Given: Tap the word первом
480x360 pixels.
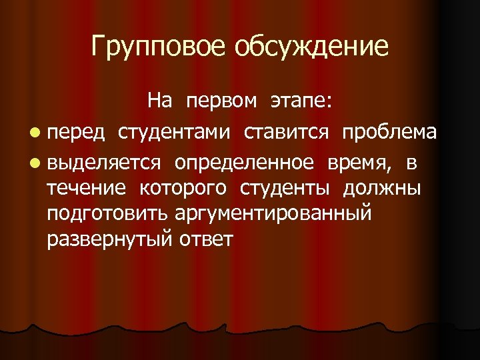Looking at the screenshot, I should click(x=221, y=101).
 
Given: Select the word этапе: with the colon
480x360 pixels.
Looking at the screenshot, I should click(x=303, y=101).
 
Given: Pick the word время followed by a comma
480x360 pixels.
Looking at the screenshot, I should click(x=359, y=163).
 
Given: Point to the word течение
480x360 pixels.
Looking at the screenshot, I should click(x=86, y=189).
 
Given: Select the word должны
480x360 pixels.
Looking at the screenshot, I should click(x=382, y=189).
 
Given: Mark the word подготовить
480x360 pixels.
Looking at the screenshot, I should click(x=109, y=214).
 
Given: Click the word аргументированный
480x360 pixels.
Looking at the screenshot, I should click(x=274, y=214).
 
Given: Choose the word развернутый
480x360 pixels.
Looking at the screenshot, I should click(x=109, y=239).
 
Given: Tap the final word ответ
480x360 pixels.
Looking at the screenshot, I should click(x=204, y=239).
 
